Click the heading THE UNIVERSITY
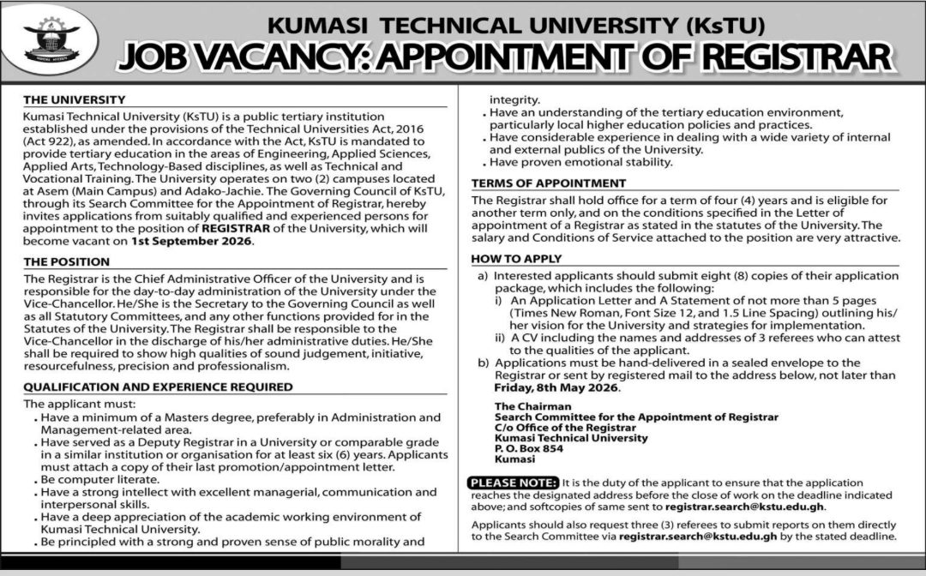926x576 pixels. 75,99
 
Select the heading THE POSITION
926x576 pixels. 67,261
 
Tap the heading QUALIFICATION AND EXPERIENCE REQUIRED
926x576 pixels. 158,387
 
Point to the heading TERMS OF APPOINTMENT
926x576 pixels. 549,183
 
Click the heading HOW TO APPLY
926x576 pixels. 517,258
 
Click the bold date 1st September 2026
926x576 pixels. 191,242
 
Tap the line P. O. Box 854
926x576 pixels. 529,448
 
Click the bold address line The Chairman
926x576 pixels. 532,406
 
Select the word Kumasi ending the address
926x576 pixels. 514,459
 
